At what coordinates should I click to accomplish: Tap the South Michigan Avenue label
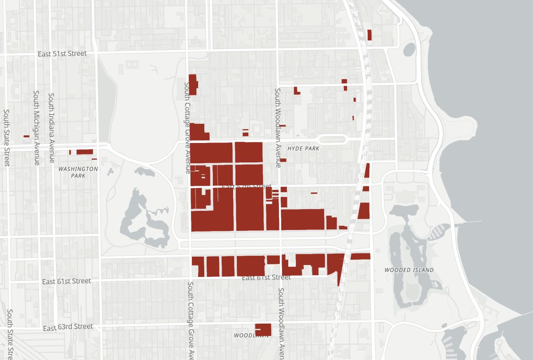36,128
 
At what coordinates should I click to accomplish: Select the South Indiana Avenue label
52,128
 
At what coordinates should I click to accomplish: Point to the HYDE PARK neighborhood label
303,149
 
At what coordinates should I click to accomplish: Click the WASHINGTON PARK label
78,172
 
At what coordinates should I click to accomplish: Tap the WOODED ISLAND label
409,270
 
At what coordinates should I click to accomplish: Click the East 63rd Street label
68,328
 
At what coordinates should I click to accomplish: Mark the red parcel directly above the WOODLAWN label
263,329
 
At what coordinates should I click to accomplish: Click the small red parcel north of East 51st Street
370,35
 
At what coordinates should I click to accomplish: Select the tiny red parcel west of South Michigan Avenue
26,136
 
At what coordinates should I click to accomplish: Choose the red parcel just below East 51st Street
193,84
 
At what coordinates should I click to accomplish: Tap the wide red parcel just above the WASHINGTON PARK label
84,152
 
